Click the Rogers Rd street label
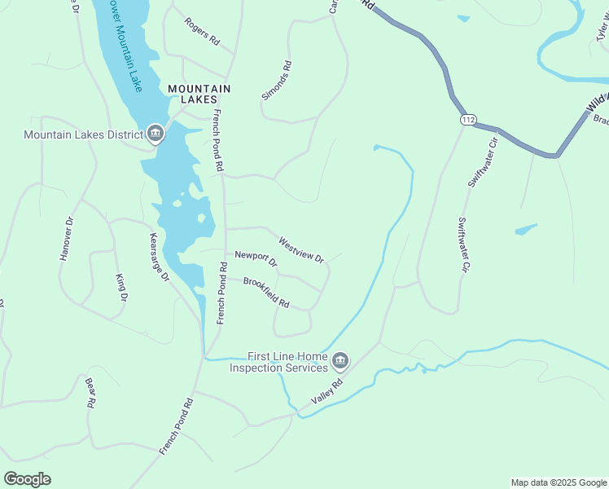click(202, 31)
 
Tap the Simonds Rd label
click(275, 80)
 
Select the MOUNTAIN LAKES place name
click(199, 94)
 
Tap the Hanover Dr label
click(67, 239)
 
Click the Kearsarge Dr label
click(159, 258)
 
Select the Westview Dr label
click(301, 250)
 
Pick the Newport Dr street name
click(256, 259)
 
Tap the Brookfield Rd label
click(266, 292)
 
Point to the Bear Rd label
click(91, 392)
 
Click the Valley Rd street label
click(328, 392)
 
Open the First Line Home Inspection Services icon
click(340, 359)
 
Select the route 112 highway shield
click(467, 120)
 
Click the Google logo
click(27, 479)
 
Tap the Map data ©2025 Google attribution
click(558, 482)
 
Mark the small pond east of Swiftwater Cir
click(526, 229)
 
